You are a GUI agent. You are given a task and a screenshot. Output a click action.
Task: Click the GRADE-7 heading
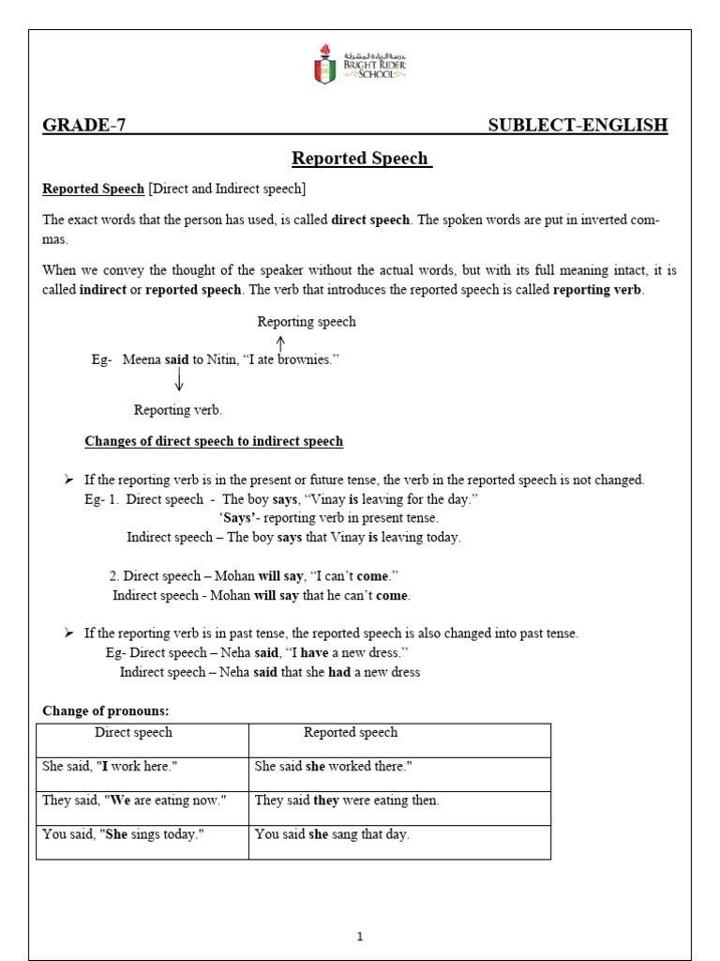[x=83, y=126]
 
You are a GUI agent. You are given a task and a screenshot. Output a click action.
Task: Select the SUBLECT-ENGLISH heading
[x=577, y=126]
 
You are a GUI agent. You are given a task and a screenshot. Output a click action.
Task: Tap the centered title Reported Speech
[x=361, y=159]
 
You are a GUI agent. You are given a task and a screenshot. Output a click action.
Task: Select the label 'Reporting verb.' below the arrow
[x=178, y=410]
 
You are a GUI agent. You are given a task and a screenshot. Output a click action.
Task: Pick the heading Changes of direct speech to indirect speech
[x=214, y=441]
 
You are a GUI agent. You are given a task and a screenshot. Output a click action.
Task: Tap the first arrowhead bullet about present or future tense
[x=68, y=480]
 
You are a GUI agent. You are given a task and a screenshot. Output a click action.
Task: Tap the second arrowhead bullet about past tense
[x=68, y=633]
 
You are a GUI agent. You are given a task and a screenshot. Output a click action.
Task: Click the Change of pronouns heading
[x=105, y=711]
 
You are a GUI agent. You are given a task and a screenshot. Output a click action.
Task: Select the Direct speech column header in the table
[x=133, y=732]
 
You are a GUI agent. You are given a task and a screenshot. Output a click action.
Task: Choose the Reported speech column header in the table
[x=350, y=732]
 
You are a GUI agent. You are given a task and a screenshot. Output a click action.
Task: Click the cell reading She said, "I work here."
[x=110, y=767]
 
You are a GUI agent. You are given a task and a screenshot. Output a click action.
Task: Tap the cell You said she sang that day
[x=332, y=834]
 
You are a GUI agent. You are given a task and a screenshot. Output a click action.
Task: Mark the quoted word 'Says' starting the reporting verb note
[x=240, y=518]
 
